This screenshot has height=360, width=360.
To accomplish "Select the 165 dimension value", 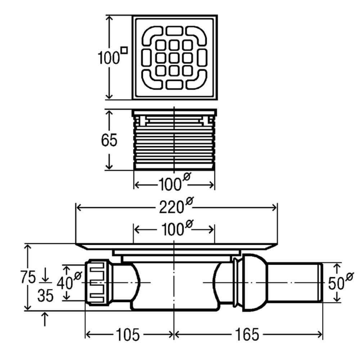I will click(248, 335).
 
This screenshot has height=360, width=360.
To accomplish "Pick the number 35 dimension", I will click(46, 296).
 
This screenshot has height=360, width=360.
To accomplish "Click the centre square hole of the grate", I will click(174, 58).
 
